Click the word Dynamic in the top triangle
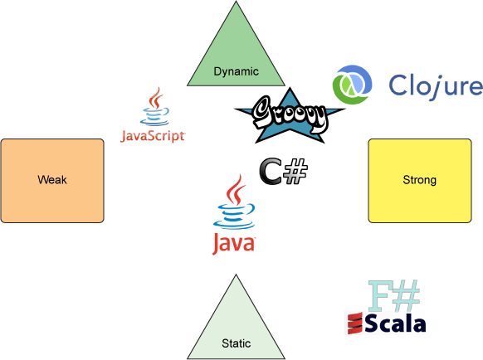click(x=237, y=72)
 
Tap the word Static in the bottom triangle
click(x=237, y=343)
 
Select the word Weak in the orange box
click(x=52, y=179)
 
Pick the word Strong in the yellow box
click(x=420, y=180)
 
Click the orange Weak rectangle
click(x=52, y=181)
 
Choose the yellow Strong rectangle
click(x=420, y=181)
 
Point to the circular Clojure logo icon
click(x=352, y=85)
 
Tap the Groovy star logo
click(x=290, y=116)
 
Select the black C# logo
click(x=283, y=172)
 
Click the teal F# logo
click(x=394, y=295)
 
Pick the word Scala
click(x=396, y=324)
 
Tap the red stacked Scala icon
click(x=355, y=323)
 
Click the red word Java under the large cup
click(x=234, y=244)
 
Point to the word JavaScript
click(x=153, y=136)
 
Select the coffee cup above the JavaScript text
click(x=155, y=106)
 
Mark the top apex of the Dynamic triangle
click(x=236, y=1)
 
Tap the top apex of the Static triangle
click(x=236, y=275)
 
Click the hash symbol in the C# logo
click(x=295, y=172)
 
